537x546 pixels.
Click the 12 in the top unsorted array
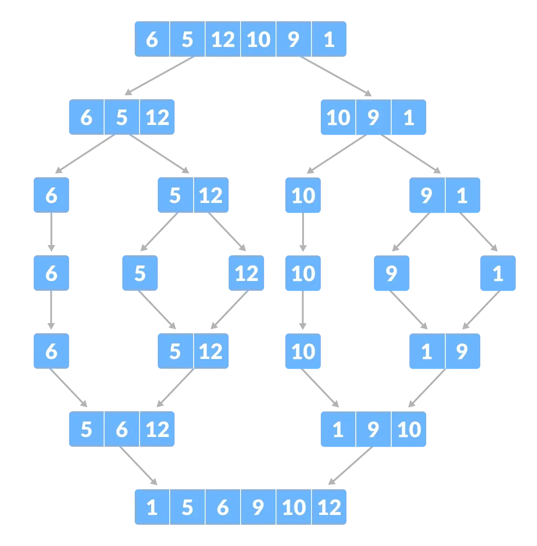(x=223, y=39)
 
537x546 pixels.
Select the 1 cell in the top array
(x=329, y=39)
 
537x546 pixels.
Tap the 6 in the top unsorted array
(x=152, y=39)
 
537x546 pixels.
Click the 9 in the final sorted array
(x=258, y=507)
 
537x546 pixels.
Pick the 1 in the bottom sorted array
(x=152, y=507)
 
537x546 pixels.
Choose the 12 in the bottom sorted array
(x=329, y=507)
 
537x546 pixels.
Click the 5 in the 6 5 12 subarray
(x=122, y=117)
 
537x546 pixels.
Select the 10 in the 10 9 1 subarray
(x=338, y=117)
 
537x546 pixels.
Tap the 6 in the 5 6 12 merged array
(x=122, y=429)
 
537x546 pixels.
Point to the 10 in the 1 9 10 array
(x=409, y=429)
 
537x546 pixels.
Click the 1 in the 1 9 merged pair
(x=427, y=351)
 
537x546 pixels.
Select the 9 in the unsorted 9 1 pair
(x=427, y=195)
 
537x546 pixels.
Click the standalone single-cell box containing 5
(x=140, y=273)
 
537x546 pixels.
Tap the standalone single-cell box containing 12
(x=246, y=273)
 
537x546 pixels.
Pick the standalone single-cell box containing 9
(x=392, y=273)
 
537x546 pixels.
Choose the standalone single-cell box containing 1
(x=498, y=273)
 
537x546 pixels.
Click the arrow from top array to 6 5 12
(x=160, y=76)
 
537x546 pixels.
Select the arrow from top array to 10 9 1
(x=337, y=76)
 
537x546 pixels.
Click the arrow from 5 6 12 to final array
(x=137, y=465)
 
